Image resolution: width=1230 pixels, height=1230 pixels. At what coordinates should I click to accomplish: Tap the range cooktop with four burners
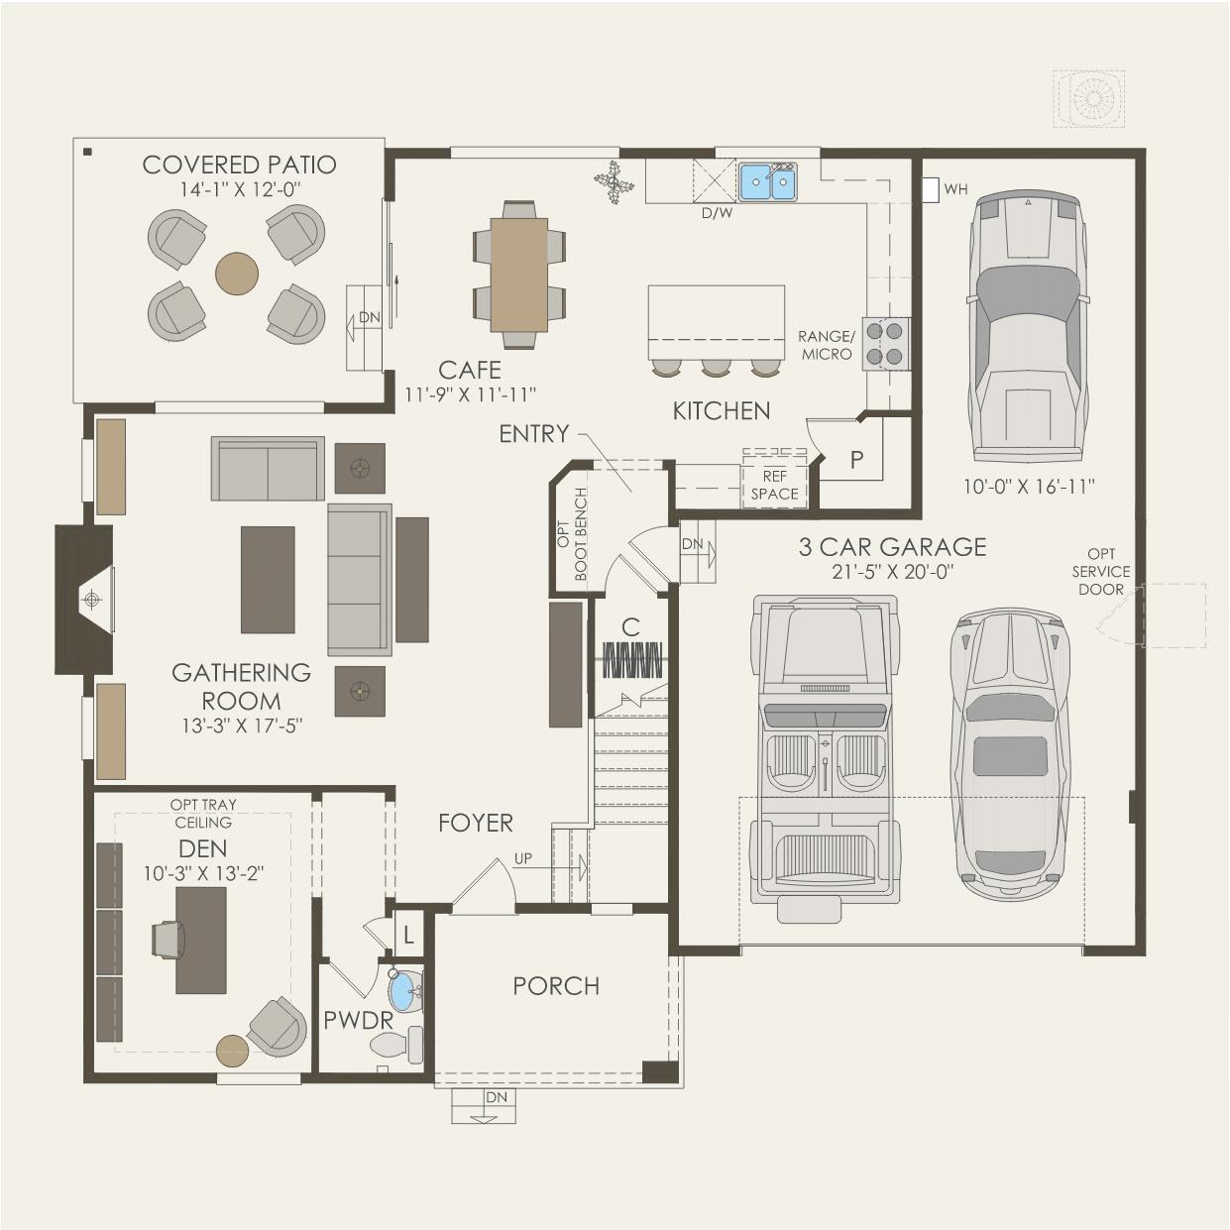[886, 343]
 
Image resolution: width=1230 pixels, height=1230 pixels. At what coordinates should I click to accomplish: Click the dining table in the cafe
[519, 275]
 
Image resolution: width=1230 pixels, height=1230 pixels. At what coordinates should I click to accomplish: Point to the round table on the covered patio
[237, 274]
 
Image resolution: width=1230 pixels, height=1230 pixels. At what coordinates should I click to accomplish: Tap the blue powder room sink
[404, 991]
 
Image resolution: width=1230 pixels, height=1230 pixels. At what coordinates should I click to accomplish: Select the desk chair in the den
[168, 941]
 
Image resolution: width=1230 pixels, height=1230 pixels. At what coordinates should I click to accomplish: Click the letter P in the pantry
[856, 459]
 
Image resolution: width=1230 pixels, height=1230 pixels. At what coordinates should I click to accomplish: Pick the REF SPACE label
[774, 485]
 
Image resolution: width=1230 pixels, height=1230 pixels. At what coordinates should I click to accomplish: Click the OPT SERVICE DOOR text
[1101, 571]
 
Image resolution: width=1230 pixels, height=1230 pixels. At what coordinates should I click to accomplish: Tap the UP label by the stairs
[522, 858]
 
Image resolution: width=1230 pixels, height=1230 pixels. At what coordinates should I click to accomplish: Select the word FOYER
[476, 823]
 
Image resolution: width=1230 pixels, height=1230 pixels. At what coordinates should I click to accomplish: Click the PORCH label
[556, 986]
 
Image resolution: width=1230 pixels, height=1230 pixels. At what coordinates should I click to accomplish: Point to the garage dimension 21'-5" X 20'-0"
[892, 572]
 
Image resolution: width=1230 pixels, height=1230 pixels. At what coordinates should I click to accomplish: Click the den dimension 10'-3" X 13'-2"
[203, 873]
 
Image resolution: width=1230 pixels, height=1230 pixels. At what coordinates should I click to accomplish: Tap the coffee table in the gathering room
[268, 580]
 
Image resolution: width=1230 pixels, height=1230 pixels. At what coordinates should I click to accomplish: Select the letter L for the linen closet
[408, 936]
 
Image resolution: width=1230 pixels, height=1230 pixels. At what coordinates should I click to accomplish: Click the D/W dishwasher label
[717, 213]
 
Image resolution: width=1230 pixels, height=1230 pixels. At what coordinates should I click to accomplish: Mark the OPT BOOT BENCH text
[572, 533]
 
